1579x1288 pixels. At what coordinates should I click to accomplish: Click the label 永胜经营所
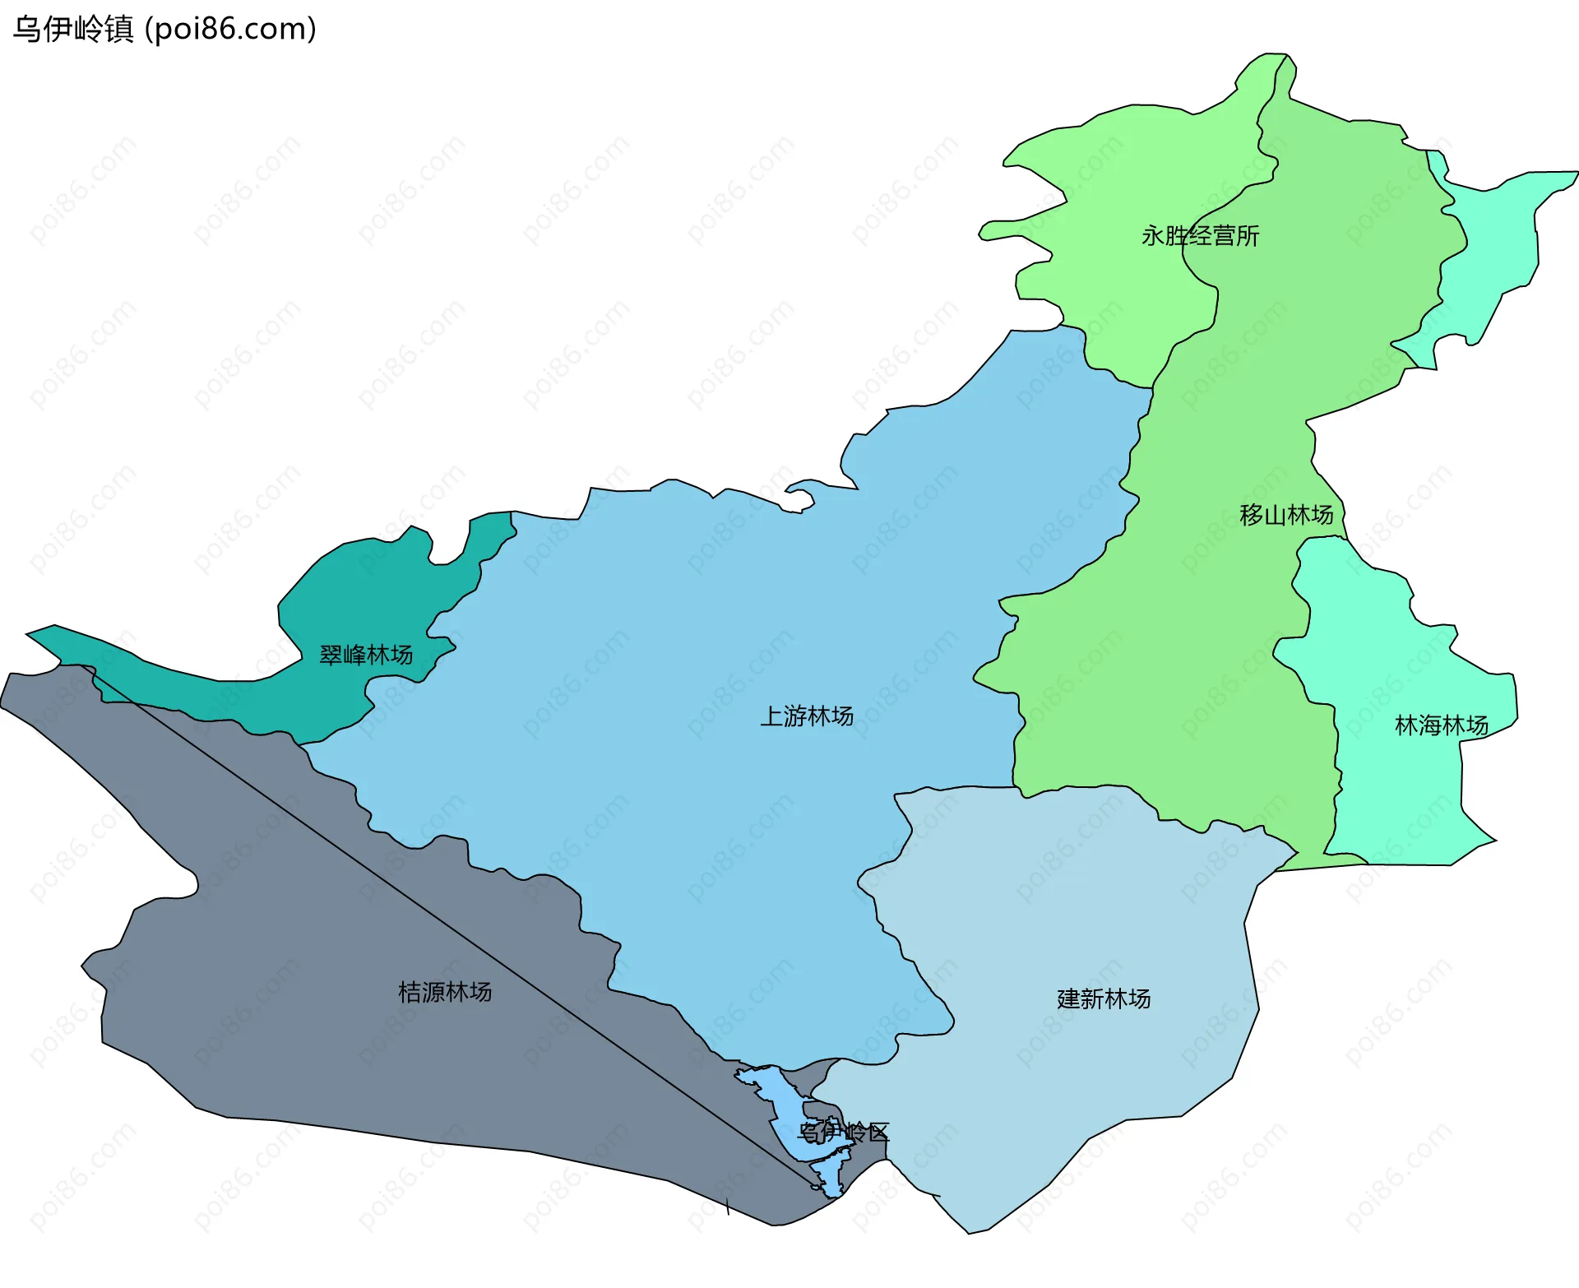click(x=1200, y=236)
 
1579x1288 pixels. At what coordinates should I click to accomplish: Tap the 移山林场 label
click(x=1286, y=515)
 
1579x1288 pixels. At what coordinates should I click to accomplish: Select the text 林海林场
click(x=1441, y=725)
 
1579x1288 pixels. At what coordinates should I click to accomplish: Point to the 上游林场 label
click(x=807, y=716)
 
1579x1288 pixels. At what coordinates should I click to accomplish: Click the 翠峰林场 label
click(x=366, y=656)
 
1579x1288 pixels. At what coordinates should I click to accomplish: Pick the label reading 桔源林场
click(x=445, y=992)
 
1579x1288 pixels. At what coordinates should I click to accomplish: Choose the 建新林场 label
click(x=1104, y=999)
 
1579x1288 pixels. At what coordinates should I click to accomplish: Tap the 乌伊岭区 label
click(x=845, y=1133)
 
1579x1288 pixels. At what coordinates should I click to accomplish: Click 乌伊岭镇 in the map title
click(x=73, y=30)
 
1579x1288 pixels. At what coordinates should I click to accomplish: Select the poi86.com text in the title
click(x=230, y=30)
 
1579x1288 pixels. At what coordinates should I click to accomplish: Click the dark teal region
click(x=345, y=600)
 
